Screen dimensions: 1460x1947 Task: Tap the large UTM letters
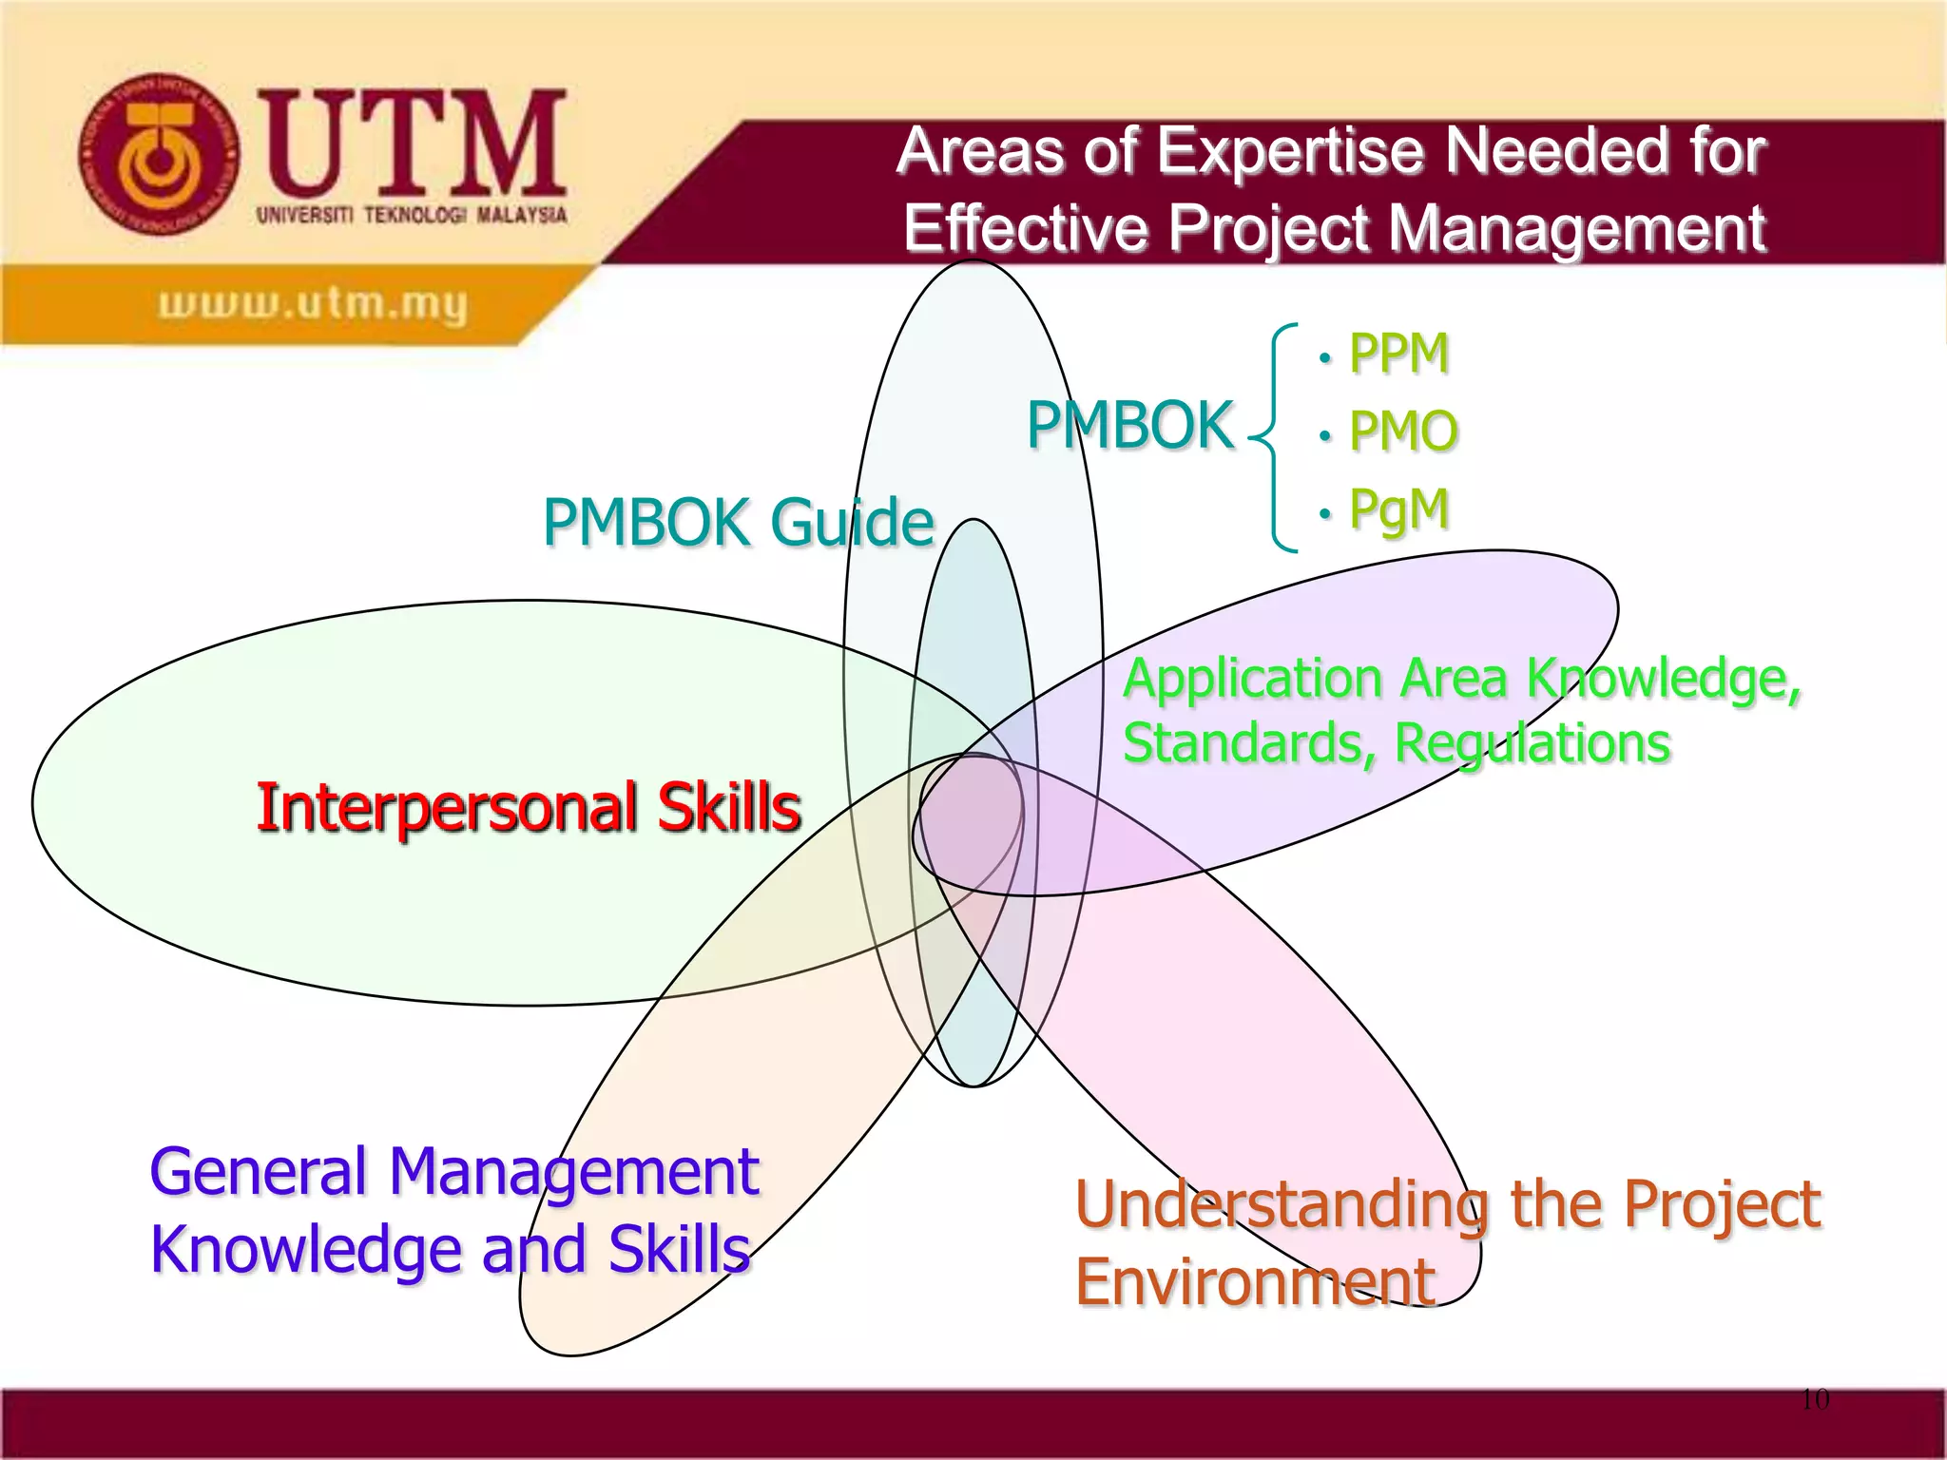pyautogui.click(x=414, y=143)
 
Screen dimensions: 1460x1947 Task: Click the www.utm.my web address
pyautogui.click(x=313, y=304)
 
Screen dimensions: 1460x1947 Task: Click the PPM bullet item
pyautogui.click(x=1398, y=354)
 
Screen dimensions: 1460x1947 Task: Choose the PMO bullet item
pyautogui.click(x=1403, y=431)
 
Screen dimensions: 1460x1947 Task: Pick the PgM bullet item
pyautogui.click(x=1398, y=508)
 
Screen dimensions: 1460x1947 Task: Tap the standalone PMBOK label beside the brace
pyautogui.click(x=1129, y=425)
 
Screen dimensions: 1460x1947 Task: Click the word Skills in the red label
pyautogui.click(x=729, y=808)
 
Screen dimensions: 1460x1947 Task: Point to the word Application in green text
pyautogui.click(x=1253, y=681)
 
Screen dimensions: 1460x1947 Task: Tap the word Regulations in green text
pyautogui.click(x=1532, y=742)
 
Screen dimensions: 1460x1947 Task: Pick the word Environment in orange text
pyautogui.click(x=1255, y=1282)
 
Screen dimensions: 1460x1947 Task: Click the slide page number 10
pyautogui.click(x=1814, y=1399)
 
